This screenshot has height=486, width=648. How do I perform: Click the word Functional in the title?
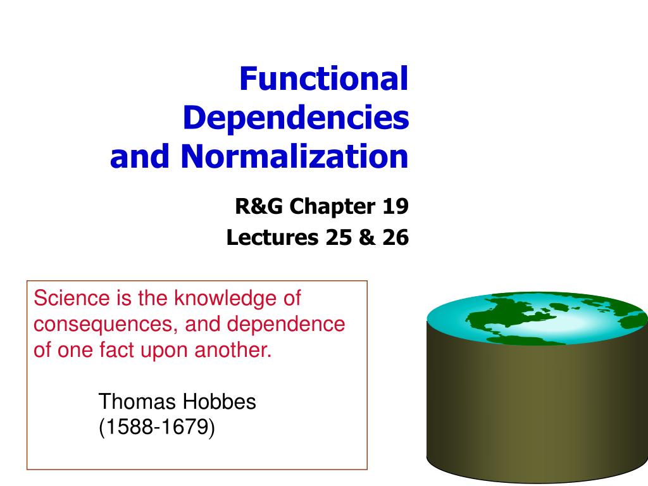324,79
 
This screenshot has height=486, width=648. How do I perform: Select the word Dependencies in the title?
296,118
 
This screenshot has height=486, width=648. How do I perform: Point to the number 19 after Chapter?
395,206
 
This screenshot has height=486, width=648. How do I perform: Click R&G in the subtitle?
256,206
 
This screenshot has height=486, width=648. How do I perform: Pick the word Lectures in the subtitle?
273,238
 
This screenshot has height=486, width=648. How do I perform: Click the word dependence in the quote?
286,324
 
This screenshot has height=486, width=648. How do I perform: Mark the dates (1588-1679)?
156,428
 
